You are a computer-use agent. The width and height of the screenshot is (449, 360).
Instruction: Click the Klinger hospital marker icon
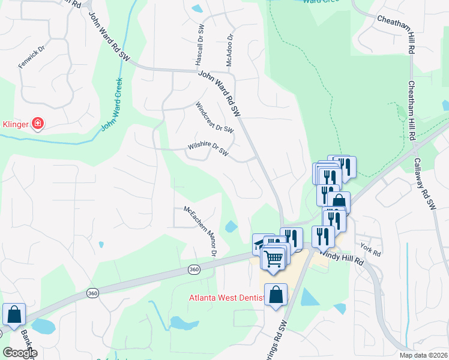click(x=37, y=124)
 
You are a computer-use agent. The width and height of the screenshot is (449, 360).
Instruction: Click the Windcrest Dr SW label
click(x=214, y=117)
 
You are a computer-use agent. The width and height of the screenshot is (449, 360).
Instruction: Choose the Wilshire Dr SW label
click(x=208, y=147)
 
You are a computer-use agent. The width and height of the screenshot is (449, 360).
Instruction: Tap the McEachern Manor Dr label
click(x=199, y=232)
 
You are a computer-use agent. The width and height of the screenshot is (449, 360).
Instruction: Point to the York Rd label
click(x=370, y=249)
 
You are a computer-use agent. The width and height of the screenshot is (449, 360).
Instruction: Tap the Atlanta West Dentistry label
click(x=226, y=297)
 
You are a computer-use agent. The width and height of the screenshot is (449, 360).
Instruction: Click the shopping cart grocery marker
click(x=273, y=259)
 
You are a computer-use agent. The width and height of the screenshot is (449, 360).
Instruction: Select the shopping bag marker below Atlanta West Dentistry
click(x=276, y=295)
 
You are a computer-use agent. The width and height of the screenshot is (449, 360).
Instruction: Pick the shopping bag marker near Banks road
click(x=14, y=314)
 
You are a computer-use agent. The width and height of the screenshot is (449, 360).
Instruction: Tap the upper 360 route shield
click(x=193, y=269)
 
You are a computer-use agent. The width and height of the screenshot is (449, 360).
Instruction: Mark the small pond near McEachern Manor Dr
click(x=231, y=227)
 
